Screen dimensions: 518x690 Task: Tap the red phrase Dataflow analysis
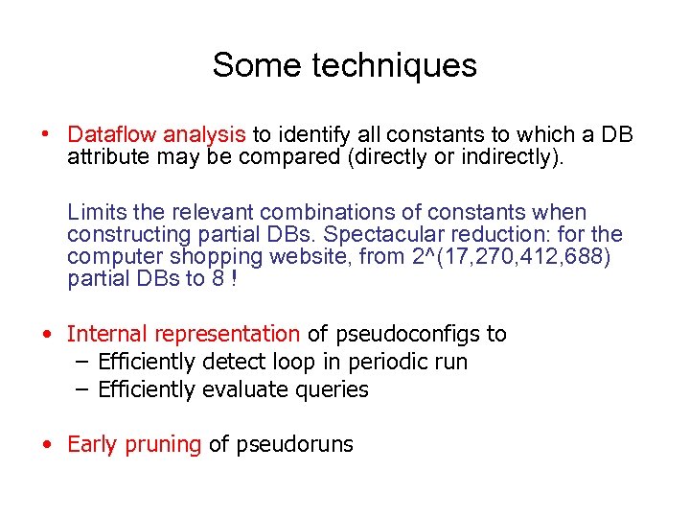tap(157, 134)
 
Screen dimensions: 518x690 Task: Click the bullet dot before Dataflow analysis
tap(46, 134)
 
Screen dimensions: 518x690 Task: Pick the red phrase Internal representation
tap(183, 334)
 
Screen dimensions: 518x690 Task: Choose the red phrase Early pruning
tap(134, 444)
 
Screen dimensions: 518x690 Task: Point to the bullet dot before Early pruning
tap(46, 444)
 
